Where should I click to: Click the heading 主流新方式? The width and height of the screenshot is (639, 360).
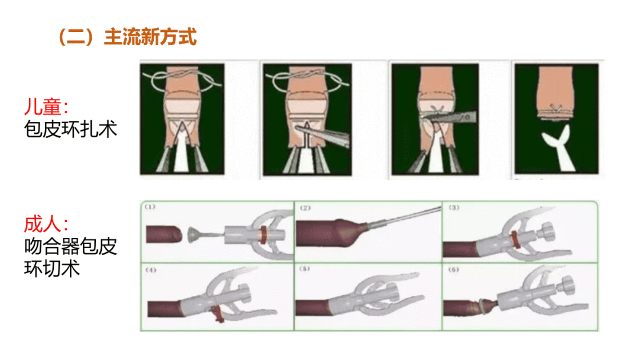coord(150,37)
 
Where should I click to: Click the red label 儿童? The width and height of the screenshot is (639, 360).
coord(46,107)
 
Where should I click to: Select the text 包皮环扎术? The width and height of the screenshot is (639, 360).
coord(70,129)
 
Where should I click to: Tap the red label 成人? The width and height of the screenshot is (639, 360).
coord(46,224)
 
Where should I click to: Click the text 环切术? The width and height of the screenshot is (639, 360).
coord(51,269)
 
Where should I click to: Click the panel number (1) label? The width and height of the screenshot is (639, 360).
coord(150,207)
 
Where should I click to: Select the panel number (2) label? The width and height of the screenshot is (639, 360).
coord(305,207)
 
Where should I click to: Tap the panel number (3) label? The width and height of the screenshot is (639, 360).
coord(454,207)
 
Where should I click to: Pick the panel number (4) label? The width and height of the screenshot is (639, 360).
coord(151,270)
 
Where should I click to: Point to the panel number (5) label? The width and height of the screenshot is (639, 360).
coord(305,269)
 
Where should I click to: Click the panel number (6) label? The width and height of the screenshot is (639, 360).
coord(454,269)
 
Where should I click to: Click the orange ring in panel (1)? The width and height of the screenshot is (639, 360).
coord(264,234)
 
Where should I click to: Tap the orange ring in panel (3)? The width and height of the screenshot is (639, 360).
coord(515,240)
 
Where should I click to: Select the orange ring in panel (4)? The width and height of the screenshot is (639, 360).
coord(217,314)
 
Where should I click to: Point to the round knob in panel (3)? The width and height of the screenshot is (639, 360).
coord(547,233)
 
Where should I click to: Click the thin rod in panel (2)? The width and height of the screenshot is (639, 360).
coord(403,216)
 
